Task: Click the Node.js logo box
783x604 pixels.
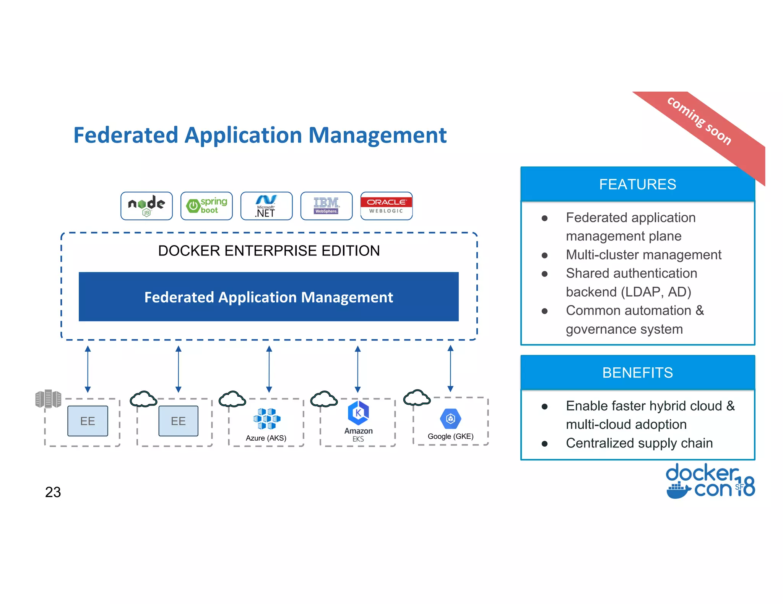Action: click(x=146, y=206)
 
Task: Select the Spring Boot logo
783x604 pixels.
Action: click(x=206, y=206)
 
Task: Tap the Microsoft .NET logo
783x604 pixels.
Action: click(x=266, y=206)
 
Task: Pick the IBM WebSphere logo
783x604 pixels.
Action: click(x=326, y=206)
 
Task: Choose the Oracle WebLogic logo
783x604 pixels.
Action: click(x=386, y=206)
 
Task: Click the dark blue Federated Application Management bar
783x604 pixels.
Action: click(x=268, y=297)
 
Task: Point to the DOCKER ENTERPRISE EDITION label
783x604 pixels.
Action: click(x=269, y=251)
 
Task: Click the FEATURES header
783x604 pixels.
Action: click(x=637, y=184)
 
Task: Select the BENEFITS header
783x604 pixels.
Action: click(x=637, y=373)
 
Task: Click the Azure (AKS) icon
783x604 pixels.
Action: click(x=266, y=418)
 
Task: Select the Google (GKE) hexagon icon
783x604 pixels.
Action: click(x=450, y=419)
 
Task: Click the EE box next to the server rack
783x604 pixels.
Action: click(x=88, y=421)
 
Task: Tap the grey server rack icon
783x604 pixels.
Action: click(x=48, y=399)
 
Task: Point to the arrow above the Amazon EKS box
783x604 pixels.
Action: click(x=357, y=369)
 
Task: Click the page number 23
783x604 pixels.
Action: click(x=53, y=492)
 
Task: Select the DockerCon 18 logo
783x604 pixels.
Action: click(x=710, y=481)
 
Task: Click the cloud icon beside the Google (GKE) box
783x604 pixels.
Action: click(x=417, y=398)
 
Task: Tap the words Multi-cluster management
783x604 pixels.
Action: click(x=643, y=255)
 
